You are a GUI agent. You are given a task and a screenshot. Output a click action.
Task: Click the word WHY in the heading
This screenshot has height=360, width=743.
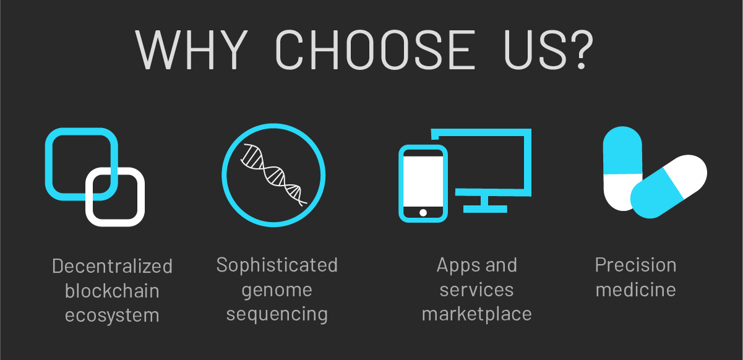click(x=191, y=49)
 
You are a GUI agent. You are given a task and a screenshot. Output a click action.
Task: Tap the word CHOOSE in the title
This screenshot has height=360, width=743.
click(x=376, y=49)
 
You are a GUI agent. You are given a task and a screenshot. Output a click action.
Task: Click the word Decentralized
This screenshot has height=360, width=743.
click(x=112, y=266)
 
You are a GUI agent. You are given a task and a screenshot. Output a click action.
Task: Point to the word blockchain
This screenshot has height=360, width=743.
click(x=112, y=291)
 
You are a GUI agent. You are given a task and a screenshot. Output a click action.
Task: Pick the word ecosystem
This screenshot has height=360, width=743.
click(x=112, y=315)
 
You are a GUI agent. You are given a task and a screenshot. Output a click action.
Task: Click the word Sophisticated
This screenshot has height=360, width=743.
click(x=277, y=265)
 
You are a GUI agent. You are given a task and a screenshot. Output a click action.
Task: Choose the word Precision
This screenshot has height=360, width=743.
click(x=635, y=265)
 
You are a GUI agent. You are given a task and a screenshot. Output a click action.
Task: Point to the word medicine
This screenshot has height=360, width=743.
click(x=635, y=289)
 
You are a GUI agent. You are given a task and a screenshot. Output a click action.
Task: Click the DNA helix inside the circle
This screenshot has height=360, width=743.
click(x=274, y=175)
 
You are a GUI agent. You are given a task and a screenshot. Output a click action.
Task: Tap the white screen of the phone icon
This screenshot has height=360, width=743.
click(x=423, y=181)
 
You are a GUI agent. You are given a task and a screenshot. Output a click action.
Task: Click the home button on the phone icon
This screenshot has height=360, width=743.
click(x=423, y=213)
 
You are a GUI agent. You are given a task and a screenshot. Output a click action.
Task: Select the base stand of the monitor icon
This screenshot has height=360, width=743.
click(x=485, y=209)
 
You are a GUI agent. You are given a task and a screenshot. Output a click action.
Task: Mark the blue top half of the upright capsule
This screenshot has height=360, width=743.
click(x=622, y=150)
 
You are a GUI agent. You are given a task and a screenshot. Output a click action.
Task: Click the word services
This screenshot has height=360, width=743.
click(x=476, y=290)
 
